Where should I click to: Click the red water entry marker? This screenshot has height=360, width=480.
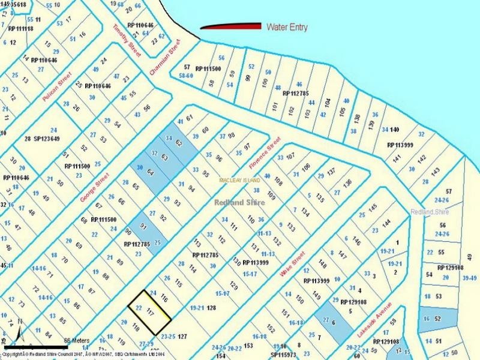pos(230,26)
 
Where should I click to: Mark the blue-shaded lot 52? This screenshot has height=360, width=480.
pos(437,318)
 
